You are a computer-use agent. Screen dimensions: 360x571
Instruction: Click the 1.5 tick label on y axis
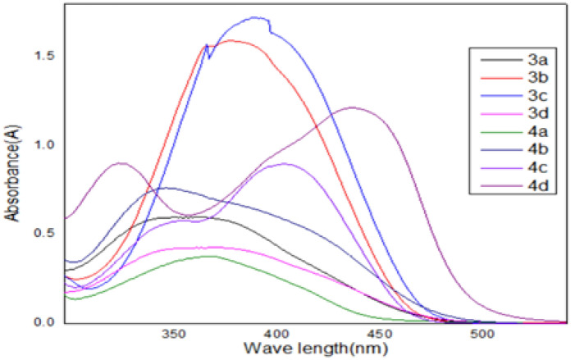pos(44,57)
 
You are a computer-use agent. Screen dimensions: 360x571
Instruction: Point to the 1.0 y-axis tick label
pos(44,145)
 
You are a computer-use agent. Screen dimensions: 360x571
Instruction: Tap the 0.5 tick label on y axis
pos(44,234)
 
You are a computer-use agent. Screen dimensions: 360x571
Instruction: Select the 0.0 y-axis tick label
pos(44,322)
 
